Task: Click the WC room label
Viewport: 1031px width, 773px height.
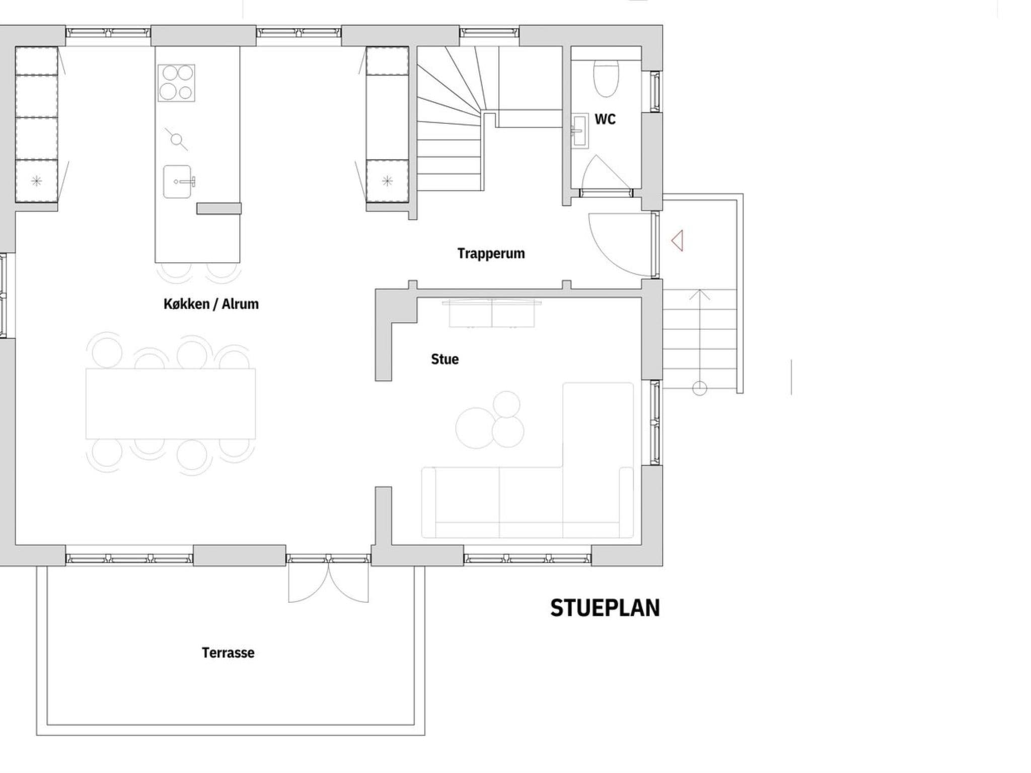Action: pos(605,119)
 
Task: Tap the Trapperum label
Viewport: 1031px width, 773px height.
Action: pos(491,253)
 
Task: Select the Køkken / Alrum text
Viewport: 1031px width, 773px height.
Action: pos(211,304)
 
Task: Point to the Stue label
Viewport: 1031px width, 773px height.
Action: pos(445,359)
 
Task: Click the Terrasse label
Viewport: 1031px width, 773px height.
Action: pos(228,653)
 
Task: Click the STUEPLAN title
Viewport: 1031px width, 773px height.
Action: pos(605,608)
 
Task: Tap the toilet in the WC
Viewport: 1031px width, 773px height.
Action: pos(606,79)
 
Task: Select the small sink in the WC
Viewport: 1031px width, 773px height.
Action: pos(579,131)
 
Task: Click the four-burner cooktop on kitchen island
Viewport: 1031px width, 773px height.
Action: pos(176,83)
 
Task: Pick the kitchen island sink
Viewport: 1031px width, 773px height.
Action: pos(178,182)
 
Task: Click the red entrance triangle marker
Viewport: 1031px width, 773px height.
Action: pos(678,241)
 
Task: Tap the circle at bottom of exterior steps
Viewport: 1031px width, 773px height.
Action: pos(699,388)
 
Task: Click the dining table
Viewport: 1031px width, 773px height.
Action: pos(170,404)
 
